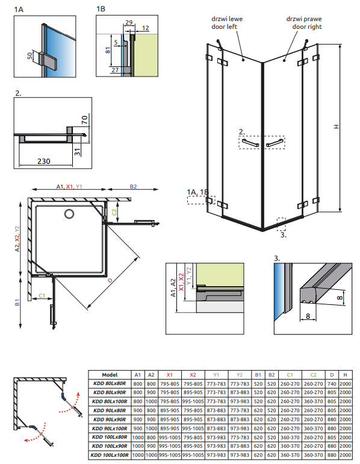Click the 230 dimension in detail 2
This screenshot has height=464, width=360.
click(x=44, y=161)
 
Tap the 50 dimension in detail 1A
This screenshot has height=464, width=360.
click(x=30, y=55)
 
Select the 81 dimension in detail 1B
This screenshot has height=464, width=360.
click(x=108, y=50)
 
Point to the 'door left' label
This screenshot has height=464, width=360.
click(x=225, y=27)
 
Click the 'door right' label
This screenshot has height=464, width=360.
click(x=307, y=27)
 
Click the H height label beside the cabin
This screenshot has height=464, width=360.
click(x=336, y=127)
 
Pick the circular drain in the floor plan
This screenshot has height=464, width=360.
click(x=69, y=214)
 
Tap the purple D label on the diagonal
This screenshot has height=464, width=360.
click(x=110, y=280)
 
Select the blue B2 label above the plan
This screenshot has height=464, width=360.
click(x=133, y=187)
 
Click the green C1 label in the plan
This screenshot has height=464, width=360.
click(x=42, y=296)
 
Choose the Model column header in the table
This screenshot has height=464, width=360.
click(x=110, y=375)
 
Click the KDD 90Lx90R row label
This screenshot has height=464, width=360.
click(x=110, y=419)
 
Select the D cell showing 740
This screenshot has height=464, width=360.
click(x=332, y=384)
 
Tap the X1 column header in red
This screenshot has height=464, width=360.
click(x=169, y=375)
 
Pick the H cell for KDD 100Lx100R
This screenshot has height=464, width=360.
click(x=345, y=455)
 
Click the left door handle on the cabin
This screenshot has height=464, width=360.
click(x=250, y=143)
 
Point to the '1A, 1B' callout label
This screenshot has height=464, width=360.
click(x=197, y=192)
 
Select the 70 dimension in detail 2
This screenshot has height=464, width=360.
click(x=84, y=120)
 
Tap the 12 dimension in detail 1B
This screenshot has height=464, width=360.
click(x=146, y=28)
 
